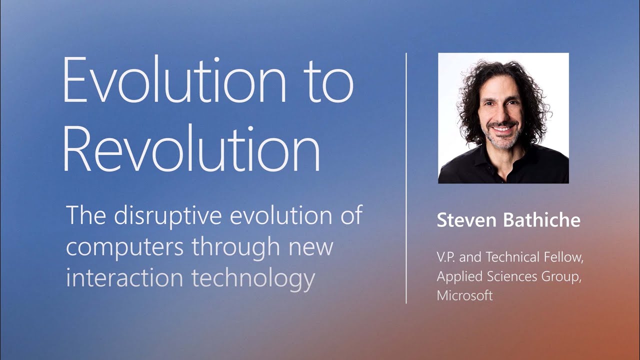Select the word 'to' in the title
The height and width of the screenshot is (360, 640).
click(x=327, y=80)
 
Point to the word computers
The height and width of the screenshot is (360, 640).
click(x=123, y=247)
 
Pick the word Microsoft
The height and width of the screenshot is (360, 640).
click(x=465, y=295)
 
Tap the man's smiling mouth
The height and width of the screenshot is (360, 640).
click(x=501, y=128)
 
